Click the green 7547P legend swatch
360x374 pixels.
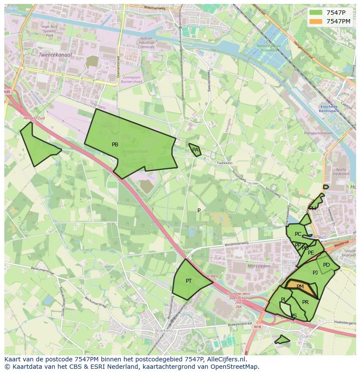tap(316, 13)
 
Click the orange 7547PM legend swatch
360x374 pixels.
tap(316, 21)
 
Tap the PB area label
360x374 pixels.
tap(115, 145)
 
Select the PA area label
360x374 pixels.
tap(195, 150)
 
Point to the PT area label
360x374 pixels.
tap(189, 281)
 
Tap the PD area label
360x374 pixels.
tap(327, 265)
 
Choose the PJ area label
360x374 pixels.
tap(315, 273)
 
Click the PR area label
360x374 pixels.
tap(305, 302)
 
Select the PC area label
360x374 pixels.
tap(298, 234)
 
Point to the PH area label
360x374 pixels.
tap(313, 209)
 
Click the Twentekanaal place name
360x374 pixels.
tap(55, 55)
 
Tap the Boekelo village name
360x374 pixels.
tap(164, 331)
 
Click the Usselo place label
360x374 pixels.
tap(305, 336)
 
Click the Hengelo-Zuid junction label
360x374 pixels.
tap(34, 118)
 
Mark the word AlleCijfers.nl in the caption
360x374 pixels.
tap(226, 359)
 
